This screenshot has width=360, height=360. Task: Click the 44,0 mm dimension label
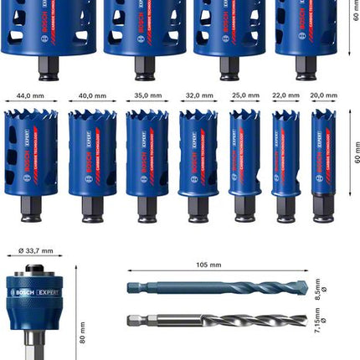pos(31,96)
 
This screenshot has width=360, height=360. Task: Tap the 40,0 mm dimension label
pos(92,96)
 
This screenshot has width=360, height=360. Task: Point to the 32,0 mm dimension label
pos(198,96)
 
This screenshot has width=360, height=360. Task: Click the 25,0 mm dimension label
pos(244,96)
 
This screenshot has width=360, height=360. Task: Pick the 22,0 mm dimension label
pos(286,96)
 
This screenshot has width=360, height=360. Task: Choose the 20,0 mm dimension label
pos(323,96)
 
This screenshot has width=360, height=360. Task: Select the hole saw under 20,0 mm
pos(323,159)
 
